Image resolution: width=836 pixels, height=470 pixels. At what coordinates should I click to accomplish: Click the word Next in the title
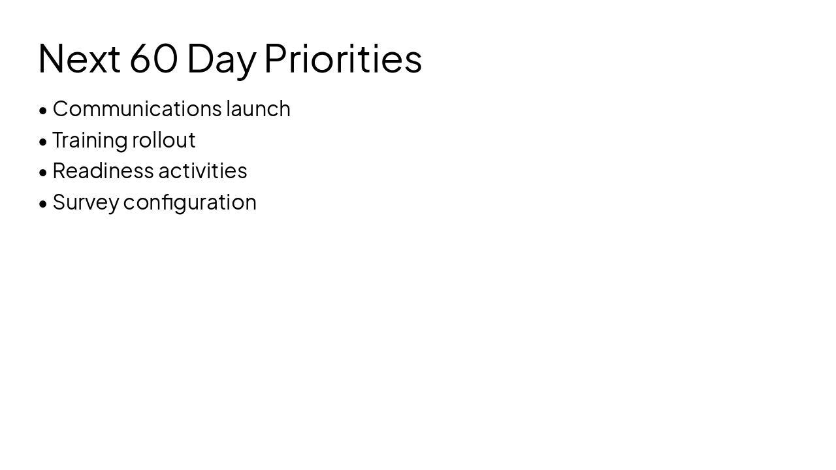point(79,59)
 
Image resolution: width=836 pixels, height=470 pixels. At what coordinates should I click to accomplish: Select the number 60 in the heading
point(153,59)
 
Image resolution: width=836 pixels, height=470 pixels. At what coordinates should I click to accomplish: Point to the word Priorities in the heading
point(343,59)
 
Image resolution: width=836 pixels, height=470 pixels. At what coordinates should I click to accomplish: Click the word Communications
point(137,108)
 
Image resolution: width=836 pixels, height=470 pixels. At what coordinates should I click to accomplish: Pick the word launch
point(258,108)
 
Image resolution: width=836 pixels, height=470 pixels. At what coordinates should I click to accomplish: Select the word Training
point(89,140)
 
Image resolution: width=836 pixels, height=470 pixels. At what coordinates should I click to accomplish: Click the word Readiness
point(103,170)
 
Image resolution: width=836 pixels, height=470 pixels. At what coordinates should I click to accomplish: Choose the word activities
point(202,170)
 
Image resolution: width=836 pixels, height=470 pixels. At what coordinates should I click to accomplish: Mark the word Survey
point(86,202)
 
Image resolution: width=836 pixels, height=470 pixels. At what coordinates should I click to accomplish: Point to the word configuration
point(189,202)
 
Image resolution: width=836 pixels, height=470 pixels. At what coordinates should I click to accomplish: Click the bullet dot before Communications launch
point(43,110)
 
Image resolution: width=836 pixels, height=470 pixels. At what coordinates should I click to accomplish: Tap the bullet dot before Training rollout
point(43,142)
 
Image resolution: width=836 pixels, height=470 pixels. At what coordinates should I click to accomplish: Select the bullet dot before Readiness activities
point(43,172)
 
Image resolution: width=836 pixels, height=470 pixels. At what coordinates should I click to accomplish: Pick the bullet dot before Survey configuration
point(43,204)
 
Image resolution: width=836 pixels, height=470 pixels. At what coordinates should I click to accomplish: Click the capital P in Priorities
point(277,59)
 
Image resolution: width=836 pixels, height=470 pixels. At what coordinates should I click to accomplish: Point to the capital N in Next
point(52,59)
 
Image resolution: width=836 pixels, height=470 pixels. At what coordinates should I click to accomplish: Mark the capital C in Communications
point(61,108)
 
